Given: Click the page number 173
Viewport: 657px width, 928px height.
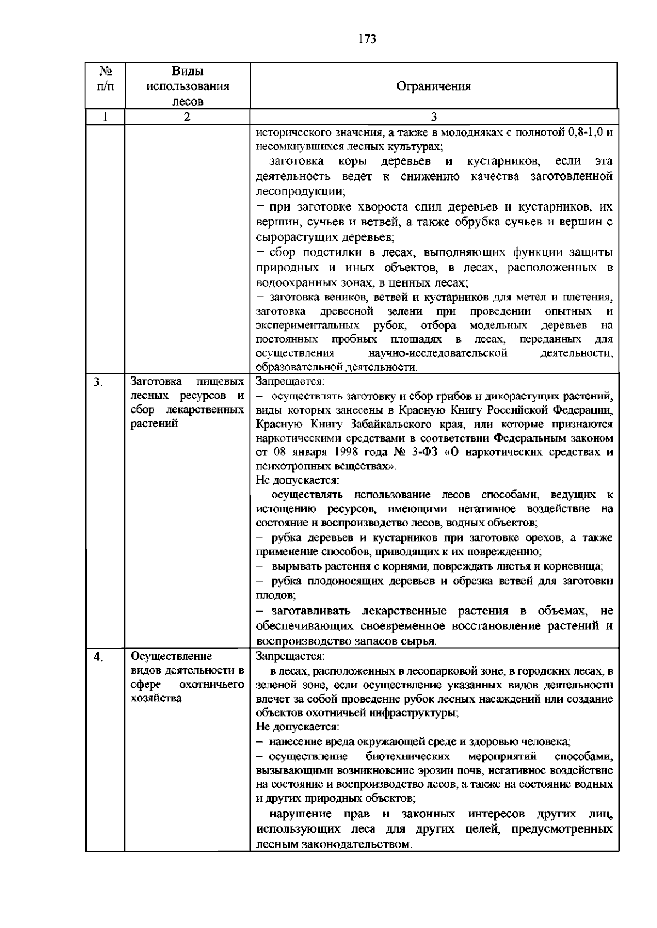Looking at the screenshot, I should [x=367, y=39].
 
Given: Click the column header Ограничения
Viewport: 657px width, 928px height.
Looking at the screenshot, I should [x=434, y=86].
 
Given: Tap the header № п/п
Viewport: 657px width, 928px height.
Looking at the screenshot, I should [x=106, y=78].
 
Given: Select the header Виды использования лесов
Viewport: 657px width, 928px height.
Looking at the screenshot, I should [x=187, y=86].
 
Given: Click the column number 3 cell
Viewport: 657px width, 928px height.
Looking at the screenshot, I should [x=434, y=117].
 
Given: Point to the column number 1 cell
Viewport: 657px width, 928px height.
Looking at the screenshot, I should [x=105, y=117].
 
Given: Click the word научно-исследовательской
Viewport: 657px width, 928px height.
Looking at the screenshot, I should [x=438, y=353].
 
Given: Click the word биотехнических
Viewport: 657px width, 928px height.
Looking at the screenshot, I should [x=408, y=756].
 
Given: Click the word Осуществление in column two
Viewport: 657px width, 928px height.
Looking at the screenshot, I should [x=164, y=656].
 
